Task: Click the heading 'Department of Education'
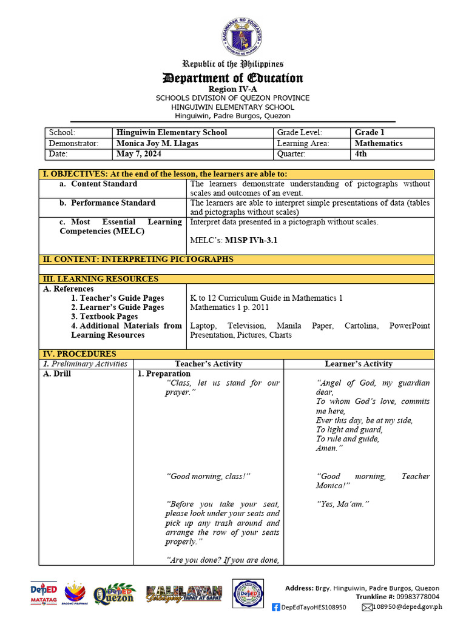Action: tap(232, 78)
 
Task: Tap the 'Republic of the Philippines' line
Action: tap(234, 64)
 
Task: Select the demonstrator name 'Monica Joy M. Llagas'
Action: tap(157, 144)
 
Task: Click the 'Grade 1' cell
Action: tap(370, 133)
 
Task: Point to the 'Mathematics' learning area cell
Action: tap(379, 144)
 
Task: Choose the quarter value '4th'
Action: tap(361, 154)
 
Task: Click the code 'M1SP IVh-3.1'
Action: tap(251, 241)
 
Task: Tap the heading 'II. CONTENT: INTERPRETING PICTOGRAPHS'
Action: tap(138, 260)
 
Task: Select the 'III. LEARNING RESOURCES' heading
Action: tap(100, 279)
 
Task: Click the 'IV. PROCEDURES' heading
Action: tap(79, 354)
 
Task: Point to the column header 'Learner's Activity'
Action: tap(359, 364)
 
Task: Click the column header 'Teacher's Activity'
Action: tap(208, 364)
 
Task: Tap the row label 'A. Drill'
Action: tap(57, 374)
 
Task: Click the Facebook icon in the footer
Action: tap(276, 606)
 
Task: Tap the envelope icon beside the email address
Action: tap(366, 606)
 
